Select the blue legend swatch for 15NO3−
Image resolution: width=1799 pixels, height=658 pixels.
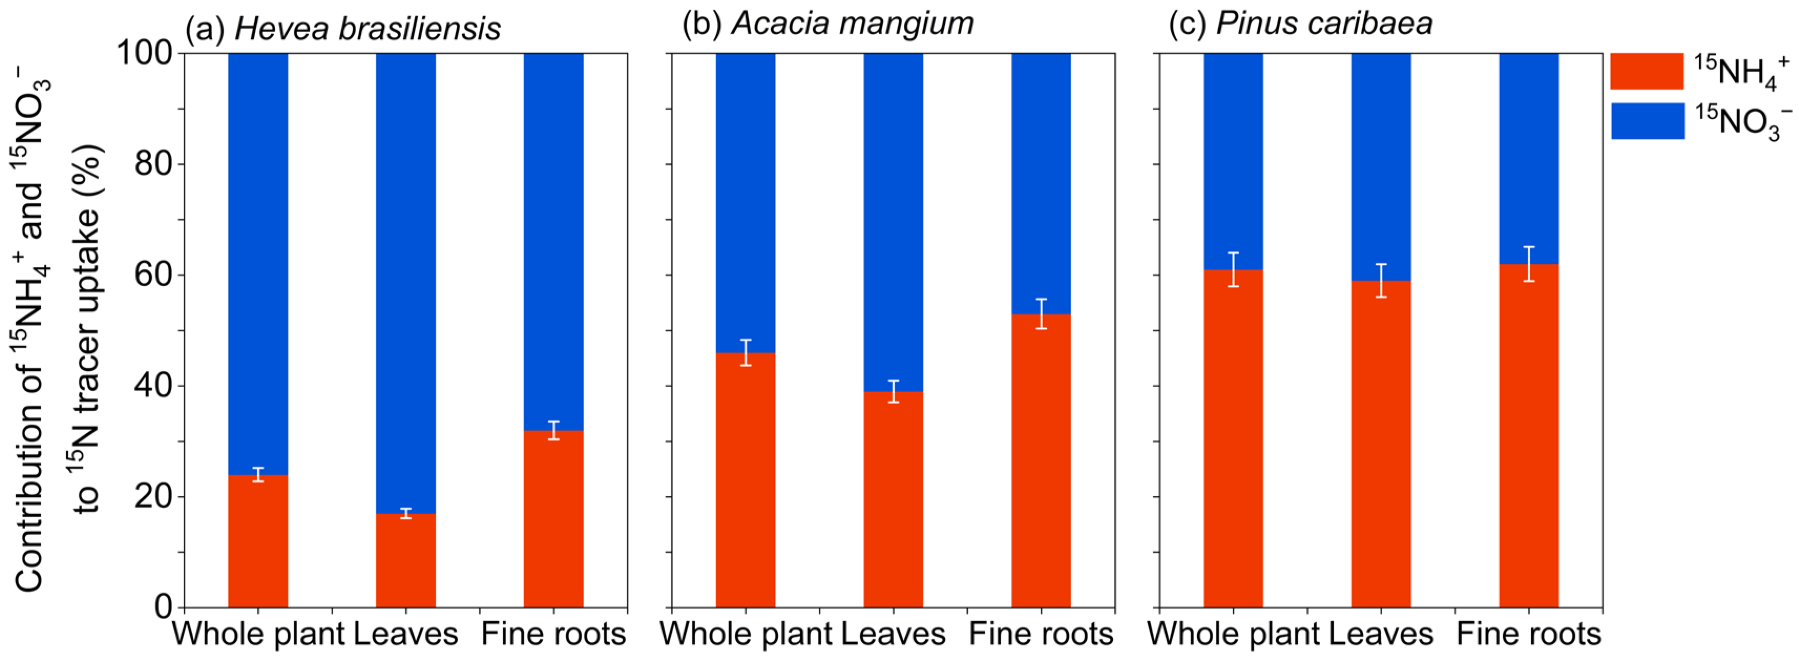click(1647, 121)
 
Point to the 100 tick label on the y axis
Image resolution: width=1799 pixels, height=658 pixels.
click(144, 53)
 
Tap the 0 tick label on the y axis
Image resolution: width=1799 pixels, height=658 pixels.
click(164, 607)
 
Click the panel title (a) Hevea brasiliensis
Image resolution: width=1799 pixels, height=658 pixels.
click(343, 28)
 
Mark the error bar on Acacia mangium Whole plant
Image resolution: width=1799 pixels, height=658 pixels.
click(746, 353)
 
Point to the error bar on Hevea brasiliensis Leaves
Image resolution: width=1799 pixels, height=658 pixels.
click(406, 514)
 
